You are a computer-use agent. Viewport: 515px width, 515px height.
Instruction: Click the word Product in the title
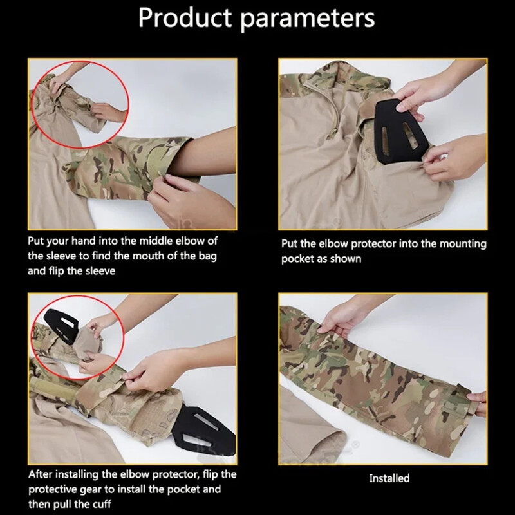[x=180, y=19]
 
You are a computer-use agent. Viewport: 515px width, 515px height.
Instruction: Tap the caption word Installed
[x=389, y=478]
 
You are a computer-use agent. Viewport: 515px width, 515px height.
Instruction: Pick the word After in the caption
[x=42, y=475]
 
